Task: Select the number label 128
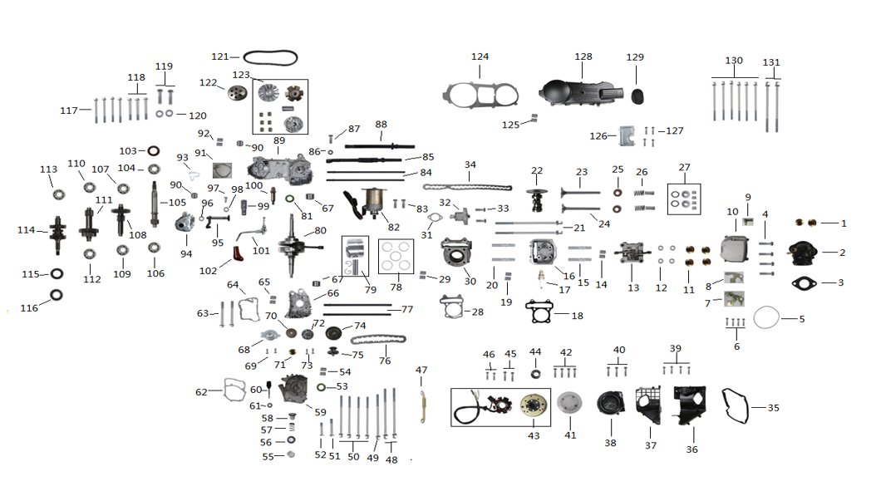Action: (x=583, y=56)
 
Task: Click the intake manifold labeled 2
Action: (x=804, y=251)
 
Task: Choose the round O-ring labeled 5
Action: (x=767, y=318)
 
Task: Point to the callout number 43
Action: (x=534, y=435)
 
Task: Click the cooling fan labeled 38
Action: (x=613, y=407)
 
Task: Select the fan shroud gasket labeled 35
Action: (x=737, y=407)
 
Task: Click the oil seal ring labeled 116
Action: (x=57, y=294)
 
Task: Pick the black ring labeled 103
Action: (x=154, y=151)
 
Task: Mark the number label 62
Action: (x=201, y=391)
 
